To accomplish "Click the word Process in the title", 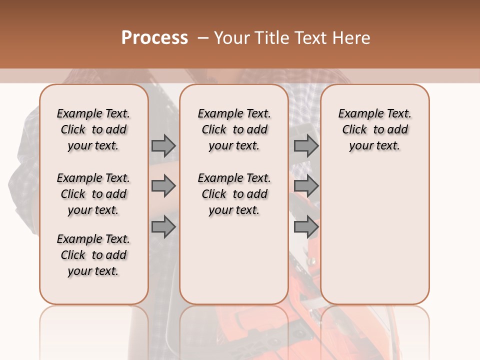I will pyautogui.click(x=154, y=38).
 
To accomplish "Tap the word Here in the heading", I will pyautogui.click(x=352, y=38).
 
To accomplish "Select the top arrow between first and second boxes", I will pyautogui.click(x=163, y=145).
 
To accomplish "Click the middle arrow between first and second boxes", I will pyautogui.click(x=163, y=186).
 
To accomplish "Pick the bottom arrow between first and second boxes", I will pyautogui.click(x=163, y=227).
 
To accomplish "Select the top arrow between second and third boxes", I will pyautogui.click(x=306, y=145).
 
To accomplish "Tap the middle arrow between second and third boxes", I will pyautogui.click(x=306, y=186).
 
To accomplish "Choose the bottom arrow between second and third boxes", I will pyautogui.click(x=306, y=227).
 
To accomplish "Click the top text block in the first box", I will pyautogui.click(x=93, y=129).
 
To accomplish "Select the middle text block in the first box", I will pyautogui.click(x=93, y=194).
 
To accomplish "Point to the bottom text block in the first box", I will pyautogui.click(x=93, y=255).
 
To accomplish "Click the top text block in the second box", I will pyautogui.click(x=234, y=129).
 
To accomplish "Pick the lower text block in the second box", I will pyautogui.click(x=234, y=194).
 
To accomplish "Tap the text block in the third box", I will pyautogui.click(x=375, y=129).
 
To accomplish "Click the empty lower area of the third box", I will pyautogui.click(x=375, y=235).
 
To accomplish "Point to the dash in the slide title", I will pyautogui.click(x=203, y=38).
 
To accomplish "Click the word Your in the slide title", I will pyautogui.click(x=231, y=38).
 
